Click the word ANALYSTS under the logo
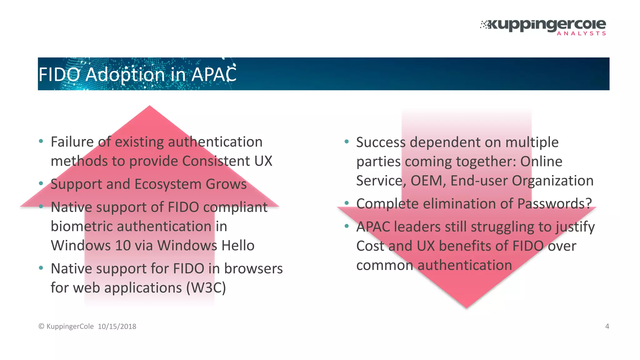[581, 33]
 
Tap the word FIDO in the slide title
[59, 75]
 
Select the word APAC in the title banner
[214, 75]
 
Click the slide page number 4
[607, 326]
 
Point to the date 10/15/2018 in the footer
[117, 327]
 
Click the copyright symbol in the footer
[41, 327]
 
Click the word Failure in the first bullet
[72, 142]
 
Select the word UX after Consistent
[263, 161]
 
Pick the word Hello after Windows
[238, 246]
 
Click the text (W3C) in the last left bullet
[206, 288]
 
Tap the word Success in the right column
[381, 142]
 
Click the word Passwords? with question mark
[555, 204]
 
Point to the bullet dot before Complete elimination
[347, 203]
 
